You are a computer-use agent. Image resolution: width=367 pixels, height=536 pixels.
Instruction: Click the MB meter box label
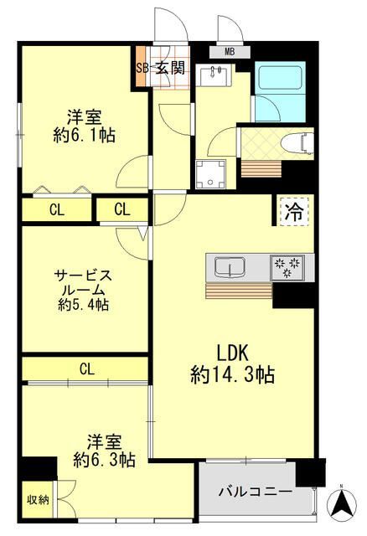coord(230,51)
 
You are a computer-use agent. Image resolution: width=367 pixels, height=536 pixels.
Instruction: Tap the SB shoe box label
coord(142,69)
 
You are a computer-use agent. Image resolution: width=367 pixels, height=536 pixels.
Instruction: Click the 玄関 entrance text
coord(168,69)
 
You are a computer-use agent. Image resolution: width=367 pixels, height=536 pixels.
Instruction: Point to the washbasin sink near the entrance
coord(216,77)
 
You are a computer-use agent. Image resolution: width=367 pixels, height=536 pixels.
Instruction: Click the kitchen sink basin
coord(228,267)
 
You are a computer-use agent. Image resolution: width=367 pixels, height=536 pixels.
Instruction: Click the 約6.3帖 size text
coord(104,459)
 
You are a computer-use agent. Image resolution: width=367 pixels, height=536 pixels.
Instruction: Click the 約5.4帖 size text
coord(83,305)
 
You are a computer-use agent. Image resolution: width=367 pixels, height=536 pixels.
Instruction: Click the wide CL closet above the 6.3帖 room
coord(86,368)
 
